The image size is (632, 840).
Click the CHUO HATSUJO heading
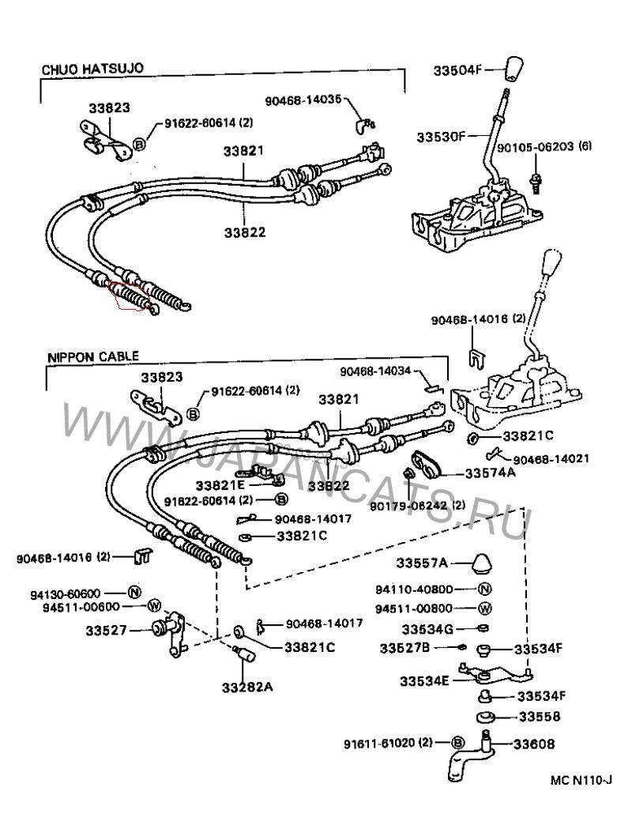click(92, 70)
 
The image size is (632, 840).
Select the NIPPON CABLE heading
click(86, 356)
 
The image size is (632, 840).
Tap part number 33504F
click(457, 69)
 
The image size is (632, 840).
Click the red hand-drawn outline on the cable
click(130, 299)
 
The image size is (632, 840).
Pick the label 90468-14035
click(304, 100)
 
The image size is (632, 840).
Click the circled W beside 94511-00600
click(153, 606)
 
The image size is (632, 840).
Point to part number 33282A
click(247, 686)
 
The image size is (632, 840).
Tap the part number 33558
click(539, 717)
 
